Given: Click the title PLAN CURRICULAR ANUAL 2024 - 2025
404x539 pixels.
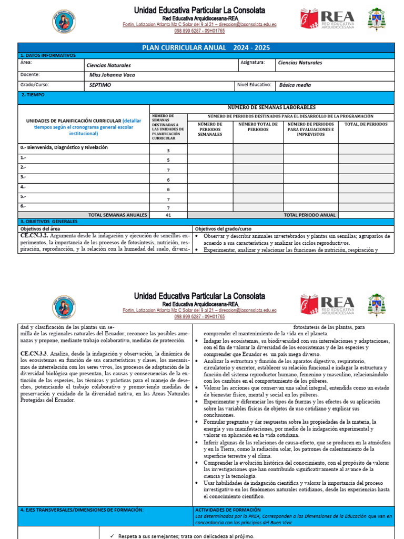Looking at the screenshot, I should pyautogui.click(x=206, y=48).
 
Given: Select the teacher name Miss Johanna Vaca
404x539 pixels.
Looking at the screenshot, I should pyautogui.click(x=112, y=75).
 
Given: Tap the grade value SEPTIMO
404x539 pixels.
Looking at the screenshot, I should pyautogui.click(x=100, y=85).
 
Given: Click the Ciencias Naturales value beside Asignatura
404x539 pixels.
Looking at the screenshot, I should pyautogui.click(x=299, y=63).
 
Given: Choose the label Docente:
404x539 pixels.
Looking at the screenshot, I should pyautogui.click(x=29, y=75).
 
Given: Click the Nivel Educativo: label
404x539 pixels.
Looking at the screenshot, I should pyautogui.click(x=254, y=85).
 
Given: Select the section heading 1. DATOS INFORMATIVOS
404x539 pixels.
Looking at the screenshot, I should pyautogui.click(x=48, y=55).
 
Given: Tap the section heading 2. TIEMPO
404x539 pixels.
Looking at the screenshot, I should pyautogui.click(x=33, y=95).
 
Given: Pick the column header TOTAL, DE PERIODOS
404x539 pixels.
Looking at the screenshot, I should pyautogui.click(x=366, y=124).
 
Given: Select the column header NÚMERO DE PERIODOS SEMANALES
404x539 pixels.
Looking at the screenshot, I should pyautogui.click(x=210, y=129).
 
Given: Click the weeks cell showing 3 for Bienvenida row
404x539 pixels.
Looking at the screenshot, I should pyautogui.click(x=168, y=151).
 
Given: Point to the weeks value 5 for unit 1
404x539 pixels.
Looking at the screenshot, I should pyautogui.click(x=168, y=160).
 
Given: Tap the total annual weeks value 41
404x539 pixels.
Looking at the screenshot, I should pyautogui.click(x=168, y=215).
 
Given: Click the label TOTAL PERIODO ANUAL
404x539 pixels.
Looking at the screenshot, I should pyautogui.click(x=309, y=215).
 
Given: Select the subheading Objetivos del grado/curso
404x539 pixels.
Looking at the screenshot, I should pyautogui.click(x=224, y=229).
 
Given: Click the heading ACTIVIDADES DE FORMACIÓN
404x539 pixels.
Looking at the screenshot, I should pyautogui.click(x=228, y=510).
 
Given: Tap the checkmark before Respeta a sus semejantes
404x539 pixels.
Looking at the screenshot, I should pyautogui.click(x=112, y=536).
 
